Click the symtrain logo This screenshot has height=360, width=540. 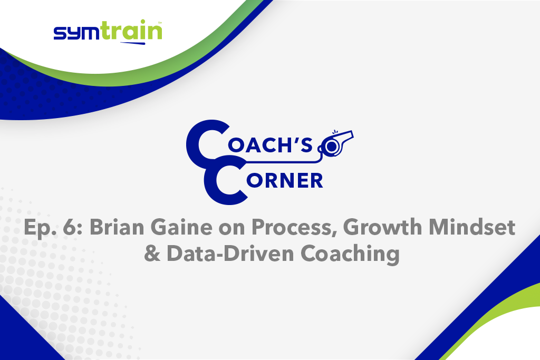click(108, 32)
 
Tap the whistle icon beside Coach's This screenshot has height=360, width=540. click(336, 143)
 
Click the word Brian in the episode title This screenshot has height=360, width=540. click(117, 228)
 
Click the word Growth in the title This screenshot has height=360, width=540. click(382, 228)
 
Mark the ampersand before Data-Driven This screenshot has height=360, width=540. click(152, 254)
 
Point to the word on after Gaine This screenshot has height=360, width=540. click(232, 230)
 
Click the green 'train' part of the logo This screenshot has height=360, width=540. click(132, 30)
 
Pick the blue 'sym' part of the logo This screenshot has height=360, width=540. click(78, 33)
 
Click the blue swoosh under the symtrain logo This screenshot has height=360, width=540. click(133, 43)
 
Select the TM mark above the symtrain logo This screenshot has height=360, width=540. click(160, 23)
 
